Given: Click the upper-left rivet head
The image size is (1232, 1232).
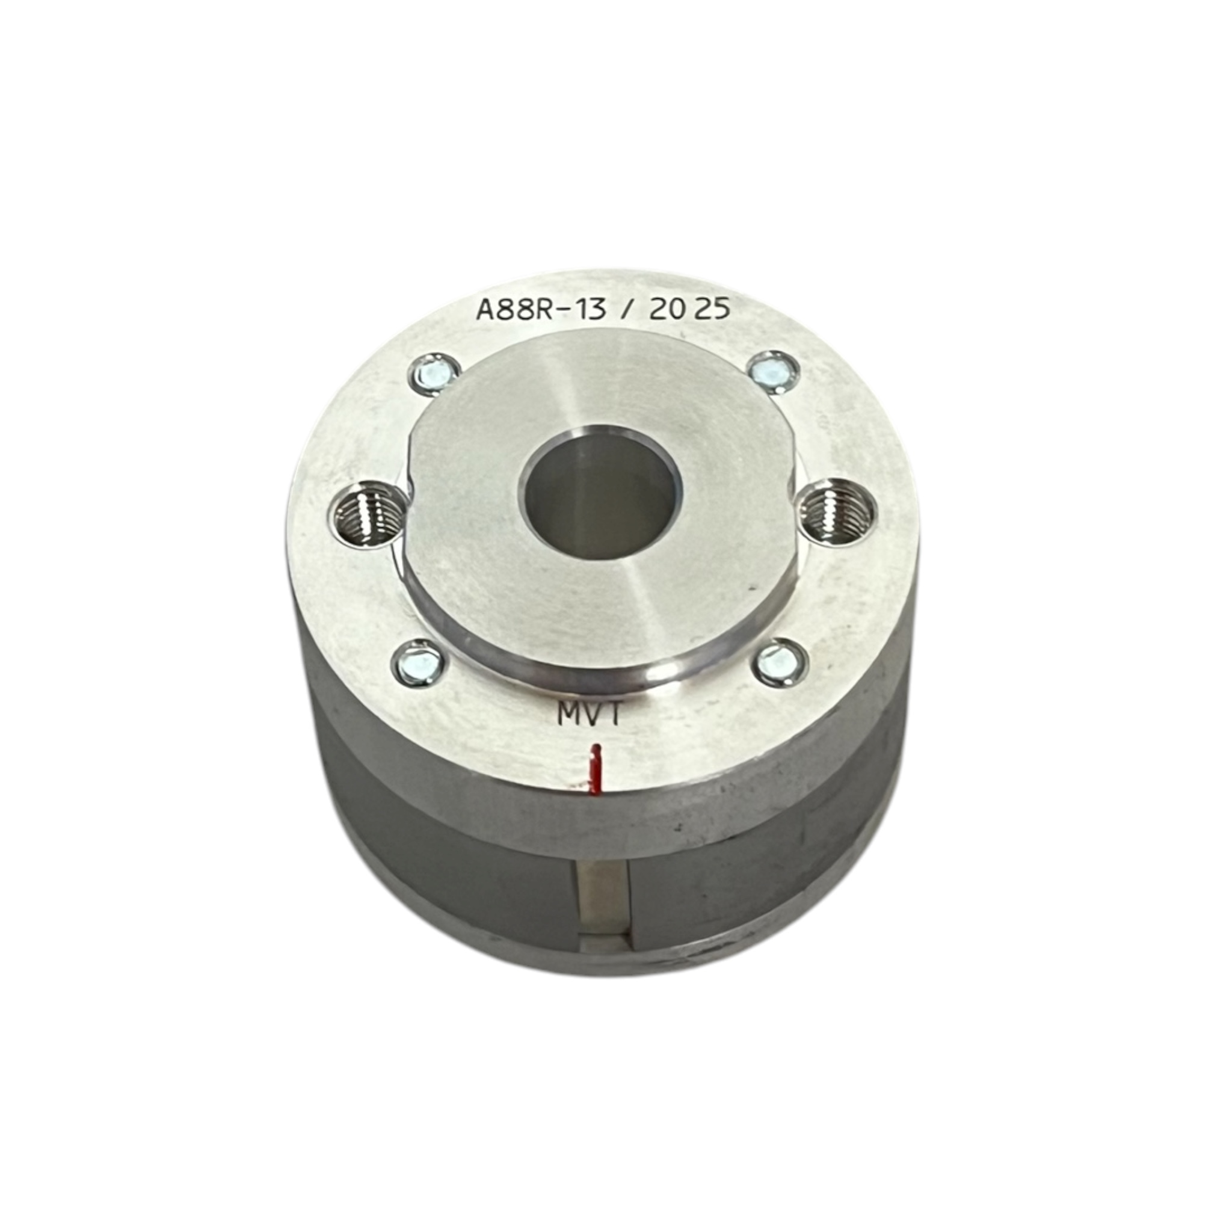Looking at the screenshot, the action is point(432,373).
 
